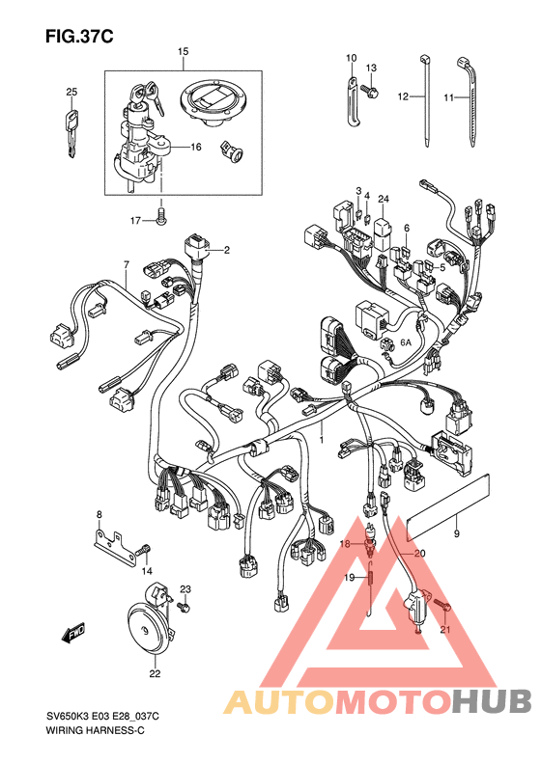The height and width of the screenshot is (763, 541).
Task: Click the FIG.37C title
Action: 79,37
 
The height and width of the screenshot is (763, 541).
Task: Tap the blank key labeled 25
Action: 71,134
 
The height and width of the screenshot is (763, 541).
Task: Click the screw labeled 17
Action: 161,216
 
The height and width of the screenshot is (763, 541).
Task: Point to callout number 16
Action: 196,147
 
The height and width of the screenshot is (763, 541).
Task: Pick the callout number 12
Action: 403,96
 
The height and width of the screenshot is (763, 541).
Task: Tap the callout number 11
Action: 449,97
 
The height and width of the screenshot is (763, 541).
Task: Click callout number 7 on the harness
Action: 127,264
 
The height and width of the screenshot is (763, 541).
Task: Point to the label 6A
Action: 406,342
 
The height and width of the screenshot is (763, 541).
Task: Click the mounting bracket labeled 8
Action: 115,550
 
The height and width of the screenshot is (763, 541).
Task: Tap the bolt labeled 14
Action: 143,551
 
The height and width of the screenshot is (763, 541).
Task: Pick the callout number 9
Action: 456,533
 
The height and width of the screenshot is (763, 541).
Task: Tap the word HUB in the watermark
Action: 491,700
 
